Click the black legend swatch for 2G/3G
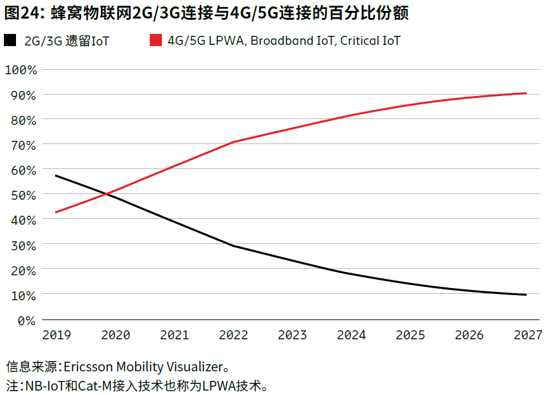click(x=10, y=41)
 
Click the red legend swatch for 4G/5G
click(x=155, y=41)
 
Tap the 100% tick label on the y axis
click(x=20, y=69)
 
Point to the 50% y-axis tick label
click(x=24, y=195)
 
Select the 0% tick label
click(x=27, y=320)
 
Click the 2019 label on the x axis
click(x=57, y=335)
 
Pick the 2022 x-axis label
click(x=234, y=335)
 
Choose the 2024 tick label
click(x=351, y=335)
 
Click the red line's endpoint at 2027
click(x=526, y=93)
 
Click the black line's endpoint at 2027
click(x=526, y=294)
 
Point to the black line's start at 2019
click(x=56, y=175)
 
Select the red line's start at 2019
click(x=56, y=212)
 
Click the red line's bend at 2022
click(x=233, y=141)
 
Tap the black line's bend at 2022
click(x=233, y=246)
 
